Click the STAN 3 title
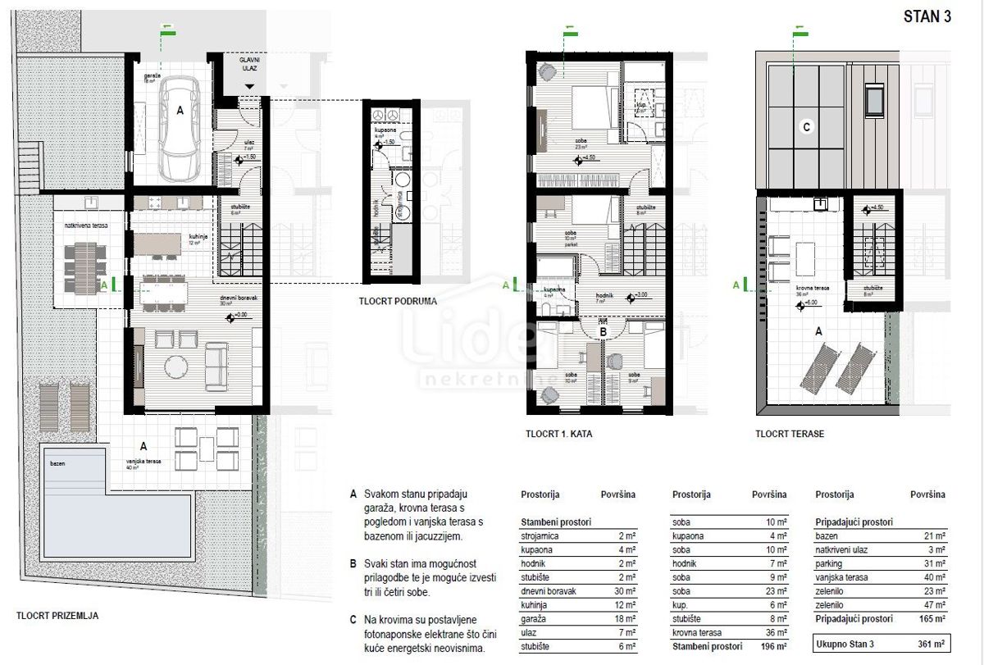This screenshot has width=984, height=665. click(x=927, y=18)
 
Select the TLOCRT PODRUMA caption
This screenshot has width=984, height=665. click(x=398, y=301)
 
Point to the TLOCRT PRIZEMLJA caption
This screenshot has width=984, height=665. click(x=57, y=615)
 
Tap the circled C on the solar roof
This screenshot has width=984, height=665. click(x=807, y=127)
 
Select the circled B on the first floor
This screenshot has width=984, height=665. click(x=605, y=330)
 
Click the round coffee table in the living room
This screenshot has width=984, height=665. click(x=173, y=364)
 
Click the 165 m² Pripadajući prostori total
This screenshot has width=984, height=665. click(x=928, y=620)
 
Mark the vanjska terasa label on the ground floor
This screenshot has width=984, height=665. click(x=144, y=462)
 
